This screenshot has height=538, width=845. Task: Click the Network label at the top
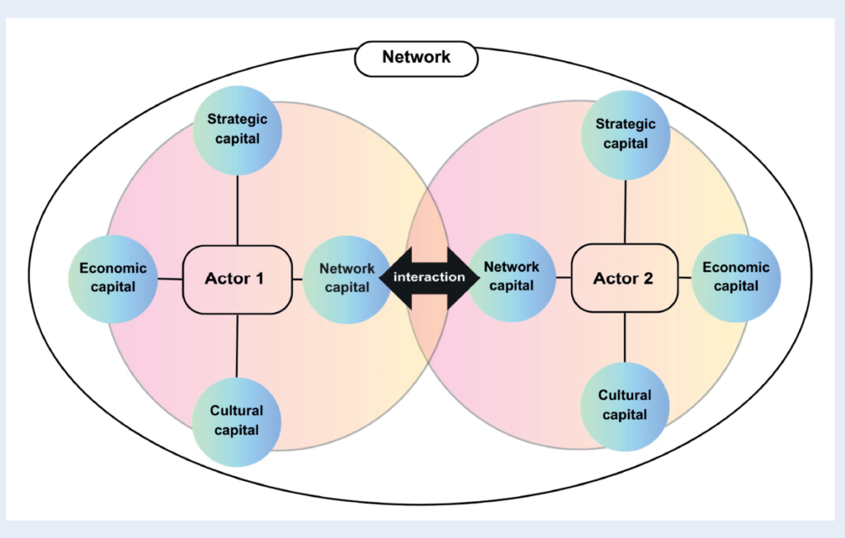click(416, 58)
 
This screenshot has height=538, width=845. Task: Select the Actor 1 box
click(234, 279)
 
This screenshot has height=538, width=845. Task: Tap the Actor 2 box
click(623, 278)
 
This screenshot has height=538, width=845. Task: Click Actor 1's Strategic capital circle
click(237, 130)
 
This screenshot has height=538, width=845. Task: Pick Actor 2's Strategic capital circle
click(625, 134)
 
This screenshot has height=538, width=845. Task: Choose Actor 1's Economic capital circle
click(113, 278)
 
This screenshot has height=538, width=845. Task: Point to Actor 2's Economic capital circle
click(736, 277)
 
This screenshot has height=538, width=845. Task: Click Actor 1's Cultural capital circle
click(237, 420)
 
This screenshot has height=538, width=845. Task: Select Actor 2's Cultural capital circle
click(625, 405)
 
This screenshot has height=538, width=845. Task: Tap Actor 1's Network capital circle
click(347, 278)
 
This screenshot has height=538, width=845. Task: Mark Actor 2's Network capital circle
click(512, 277)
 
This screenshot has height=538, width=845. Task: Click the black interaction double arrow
click(429, 277)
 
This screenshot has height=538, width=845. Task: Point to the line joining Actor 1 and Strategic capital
click(237, 210)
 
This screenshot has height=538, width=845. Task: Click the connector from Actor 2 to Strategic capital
click(625, 210)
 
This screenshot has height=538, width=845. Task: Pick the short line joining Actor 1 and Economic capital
click(170, 279)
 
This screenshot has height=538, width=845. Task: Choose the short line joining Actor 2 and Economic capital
click(684, 278)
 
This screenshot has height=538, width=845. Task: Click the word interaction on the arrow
click(429, 277)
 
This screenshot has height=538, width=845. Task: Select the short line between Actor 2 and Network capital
click(564, 278)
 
